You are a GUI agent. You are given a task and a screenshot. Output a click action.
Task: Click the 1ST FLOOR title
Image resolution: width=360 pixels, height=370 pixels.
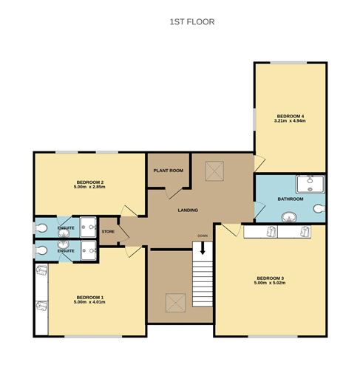point(192,22)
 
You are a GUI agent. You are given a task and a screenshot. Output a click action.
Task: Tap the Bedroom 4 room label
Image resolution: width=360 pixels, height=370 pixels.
point(291,116)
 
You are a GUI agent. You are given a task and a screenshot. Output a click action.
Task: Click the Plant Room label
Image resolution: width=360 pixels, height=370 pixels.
point(168,170)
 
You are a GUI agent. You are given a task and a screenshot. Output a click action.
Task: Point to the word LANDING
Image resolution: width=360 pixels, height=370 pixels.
point(188,210)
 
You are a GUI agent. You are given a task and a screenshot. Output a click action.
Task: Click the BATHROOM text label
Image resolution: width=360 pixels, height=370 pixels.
point(291,199)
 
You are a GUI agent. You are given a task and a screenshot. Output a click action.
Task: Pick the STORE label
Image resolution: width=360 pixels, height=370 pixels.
point(109,231)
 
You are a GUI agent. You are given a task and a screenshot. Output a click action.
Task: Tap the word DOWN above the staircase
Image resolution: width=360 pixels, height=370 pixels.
point(202,236)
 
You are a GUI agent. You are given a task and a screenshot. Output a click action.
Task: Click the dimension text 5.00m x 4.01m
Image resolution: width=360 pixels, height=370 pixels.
point(88,302)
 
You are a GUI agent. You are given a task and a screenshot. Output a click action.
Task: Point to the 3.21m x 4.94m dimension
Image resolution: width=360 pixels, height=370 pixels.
point(291,121)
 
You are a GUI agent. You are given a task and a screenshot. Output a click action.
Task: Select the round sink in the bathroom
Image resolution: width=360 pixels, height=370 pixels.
point(288,216)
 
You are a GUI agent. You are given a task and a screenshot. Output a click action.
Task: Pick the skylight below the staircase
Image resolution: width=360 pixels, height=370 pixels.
point(174,303)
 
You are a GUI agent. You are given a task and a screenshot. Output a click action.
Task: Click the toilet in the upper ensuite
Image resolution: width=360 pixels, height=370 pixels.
point(43,227)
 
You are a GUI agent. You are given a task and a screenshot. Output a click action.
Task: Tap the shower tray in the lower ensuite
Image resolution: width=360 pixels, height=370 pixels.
point(90,249)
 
